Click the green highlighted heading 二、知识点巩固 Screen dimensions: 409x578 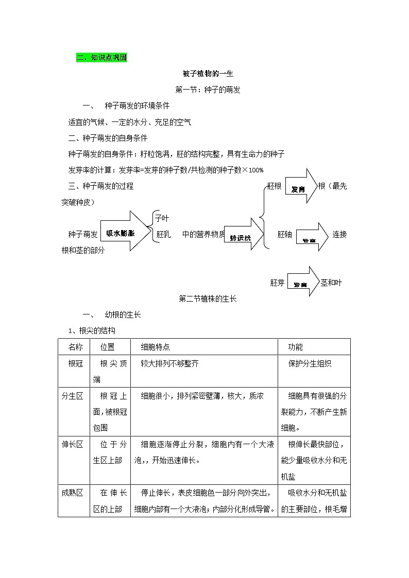[x=101, y=58]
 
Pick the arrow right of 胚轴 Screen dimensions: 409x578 [x=312, y=237]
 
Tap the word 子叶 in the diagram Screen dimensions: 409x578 [x=162, y=219]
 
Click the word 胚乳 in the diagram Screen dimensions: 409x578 [x=163, y=234]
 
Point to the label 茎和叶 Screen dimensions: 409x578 [x=331, y=282]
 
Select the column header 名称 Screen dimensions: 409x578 [x=75, y=347]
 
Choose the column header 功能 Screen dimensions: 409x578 [x=295, y=347]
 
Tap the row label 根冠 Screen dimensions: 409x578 [x=75, y=363]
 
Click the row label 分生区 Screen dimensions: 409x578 [x=72, y=396]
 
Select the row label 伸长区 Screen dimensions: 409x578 [x=72, y=444]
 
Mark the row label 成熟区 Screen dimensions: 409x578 [x=72, y=493]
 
